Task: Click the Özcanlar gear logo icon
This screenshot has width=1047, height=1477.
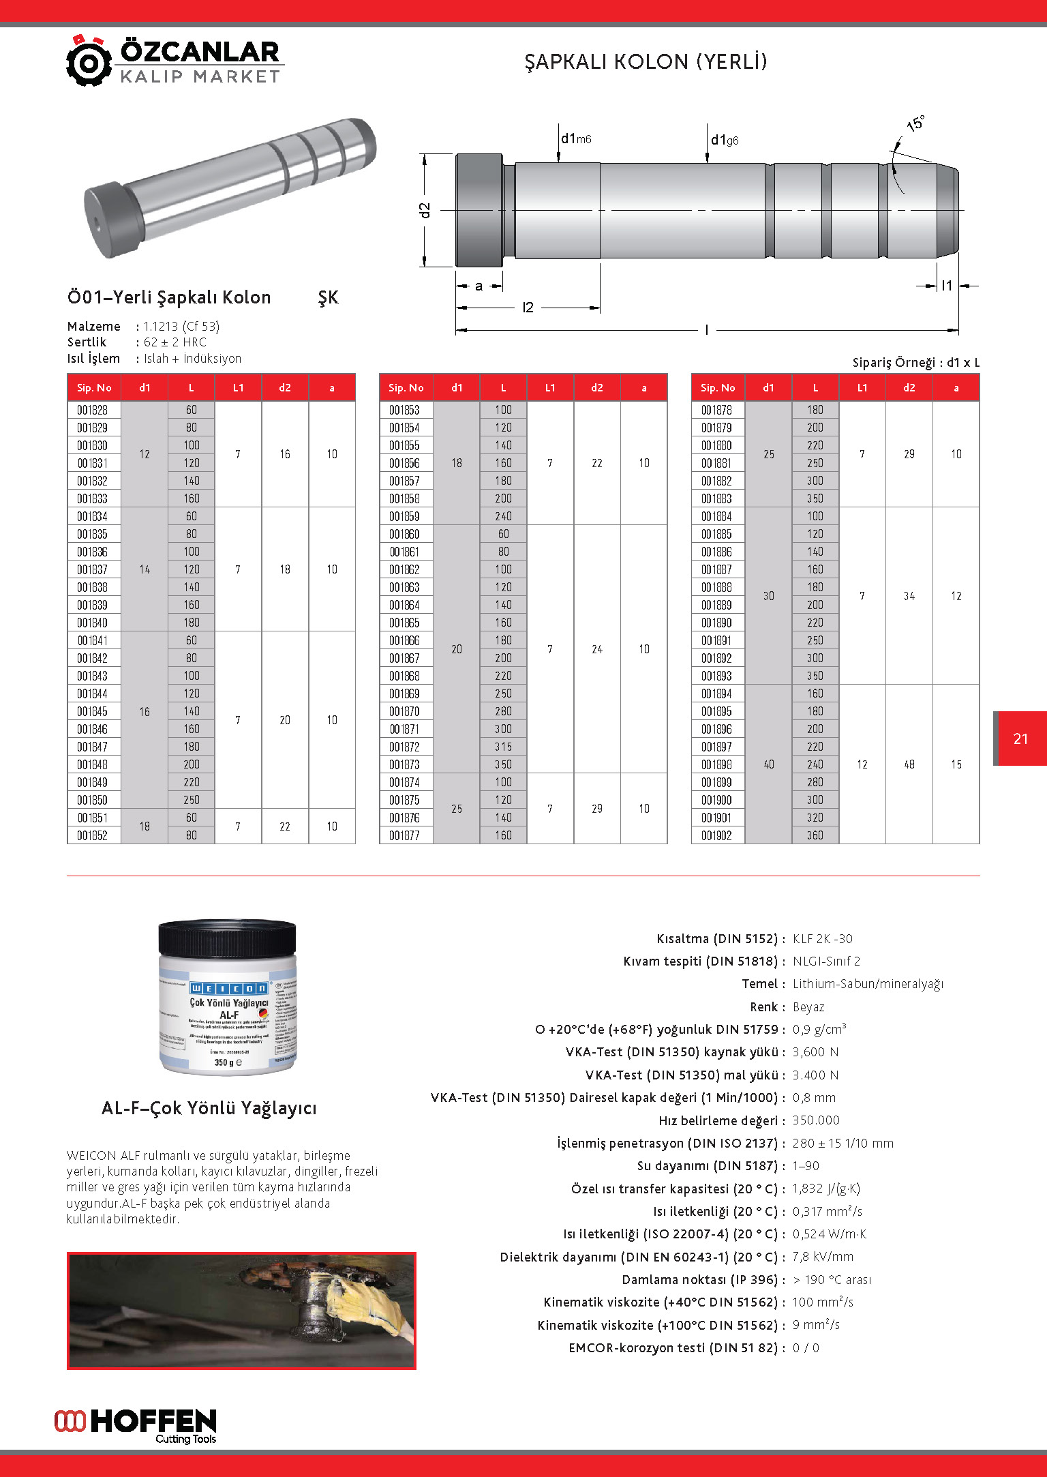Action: coord(89,62)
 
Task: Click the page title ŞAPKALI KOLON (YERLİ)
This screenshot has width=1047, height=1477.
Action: coord(646,62)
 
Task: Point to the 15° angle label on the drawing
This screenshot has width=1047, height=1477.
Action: coord(915,123)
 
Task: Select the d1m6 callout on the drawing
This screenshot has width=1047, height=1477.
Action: coord(576,139)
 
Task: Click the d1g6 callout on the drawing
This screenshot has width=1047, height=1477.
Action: coord(725,140)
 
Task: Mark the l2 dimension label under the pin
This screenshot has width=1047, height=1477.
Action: coord(528,308)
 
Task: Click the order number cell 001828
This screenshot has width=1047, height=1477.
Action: coord(92,410)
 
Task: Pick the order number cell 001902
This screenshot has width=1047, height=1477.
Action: coord(716,835)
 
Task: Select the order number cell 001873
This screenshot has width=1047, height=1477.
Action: coord(404,764)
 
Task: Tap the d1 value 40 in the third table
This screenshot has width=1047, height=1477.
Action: coord(768,764)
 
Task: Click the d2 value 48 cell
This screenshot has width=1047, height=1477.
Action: coord(909,764)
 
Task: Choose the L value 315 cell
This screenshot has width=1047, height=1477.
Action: coord(503,747)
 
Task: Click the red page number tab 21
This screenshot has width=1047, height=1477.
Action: coord(1020,738)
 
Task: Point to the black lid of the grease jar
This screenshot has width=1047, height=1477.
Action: coord(227,938)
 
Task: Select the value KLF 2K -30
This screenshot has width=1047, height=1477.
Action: coord(822,939)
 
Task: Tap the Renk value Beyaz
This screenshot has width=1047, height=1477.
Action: coord(808,1007)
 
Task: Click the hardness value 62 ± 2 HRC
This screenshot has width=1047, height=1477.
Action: coord(174,342)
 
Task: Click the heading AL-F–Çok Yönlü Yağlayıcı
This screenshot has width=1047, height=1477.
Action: coord(209,1108)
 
